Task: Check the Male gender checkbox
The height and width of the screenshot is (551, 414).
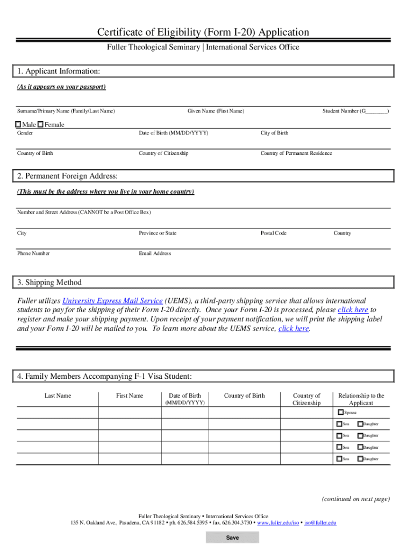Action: click(x=18, y=125)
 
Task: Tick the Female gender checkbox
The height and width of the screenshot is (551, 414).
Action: click(x=40, y=125)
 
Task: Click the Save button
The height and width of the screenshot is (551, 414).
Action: click(x=232, y=538)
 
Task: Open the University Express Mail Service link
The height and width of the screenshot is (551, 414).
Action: click(x=112, y=301)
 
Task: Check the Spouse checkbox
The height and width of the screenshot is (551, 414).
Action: click(x=340, y=413)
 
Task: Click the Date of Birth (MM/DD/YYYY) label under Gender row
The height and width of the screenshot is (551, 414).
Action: click(x=173, y=133)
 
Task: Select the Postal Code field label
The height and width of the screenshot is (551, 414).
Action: click(x=273, y=233)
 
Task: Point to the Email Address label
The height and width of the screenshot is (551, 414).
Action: click(x=155, y=253)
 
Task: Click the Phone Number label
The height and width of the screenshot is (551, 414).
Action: click(x=33, y=253)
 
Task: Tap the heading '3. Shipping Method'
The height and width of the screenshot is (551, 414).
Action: click(x=49, y=282)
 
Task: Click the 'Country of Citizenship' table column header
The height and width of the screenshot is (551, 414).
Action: click(x=306, y=399)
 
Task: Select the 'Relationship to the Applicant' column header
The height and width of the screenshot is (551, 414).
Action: click(x=361, y=399)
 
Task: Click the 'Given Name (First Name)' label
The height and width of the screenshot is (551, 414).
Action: click(x=216, y=111)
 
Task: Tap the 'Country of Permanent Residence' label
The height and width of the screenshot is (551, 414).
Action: click(x=296, y=153)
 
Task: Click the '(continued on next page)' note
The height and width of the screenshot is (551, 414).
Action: click(x=355, y=499)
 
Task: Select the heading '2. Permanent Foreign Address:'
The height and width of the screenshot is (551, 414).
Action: click(x=67, y=176)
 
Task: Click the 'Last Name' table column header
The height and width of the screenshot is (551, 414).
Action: click(x=58, y=395)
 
